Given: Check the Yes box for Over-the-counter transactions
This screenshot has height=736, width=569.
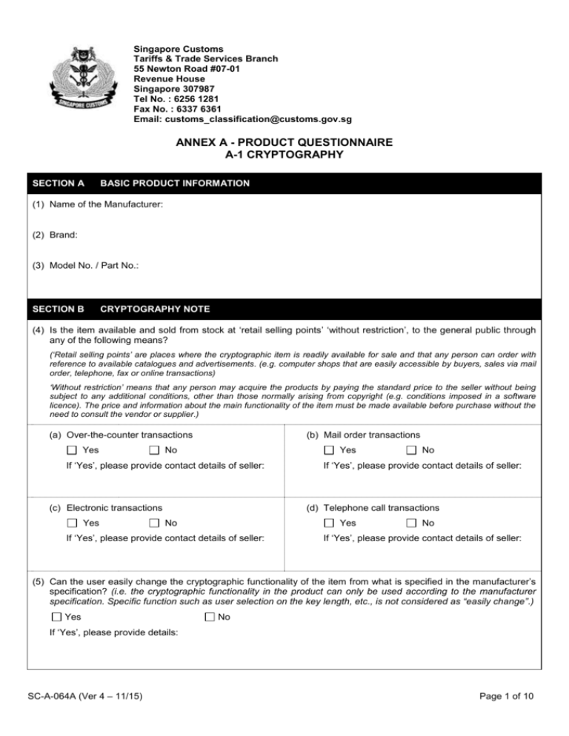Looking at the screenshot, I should click(x=71, y=450).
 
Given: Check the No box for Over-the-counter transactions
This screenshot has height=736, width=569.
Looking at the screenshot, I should click(x=153, y=450).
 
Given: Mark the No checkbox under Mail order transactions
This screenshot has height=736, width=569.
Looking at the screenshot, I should click(x=411, y=450).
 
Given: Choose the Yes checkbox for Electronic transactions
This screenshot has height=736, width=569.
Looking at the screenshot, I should click(x=71, y=523).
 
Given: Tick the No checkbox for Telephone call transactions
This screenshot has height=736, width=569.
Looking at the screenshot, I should click(x=411, y=523).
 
